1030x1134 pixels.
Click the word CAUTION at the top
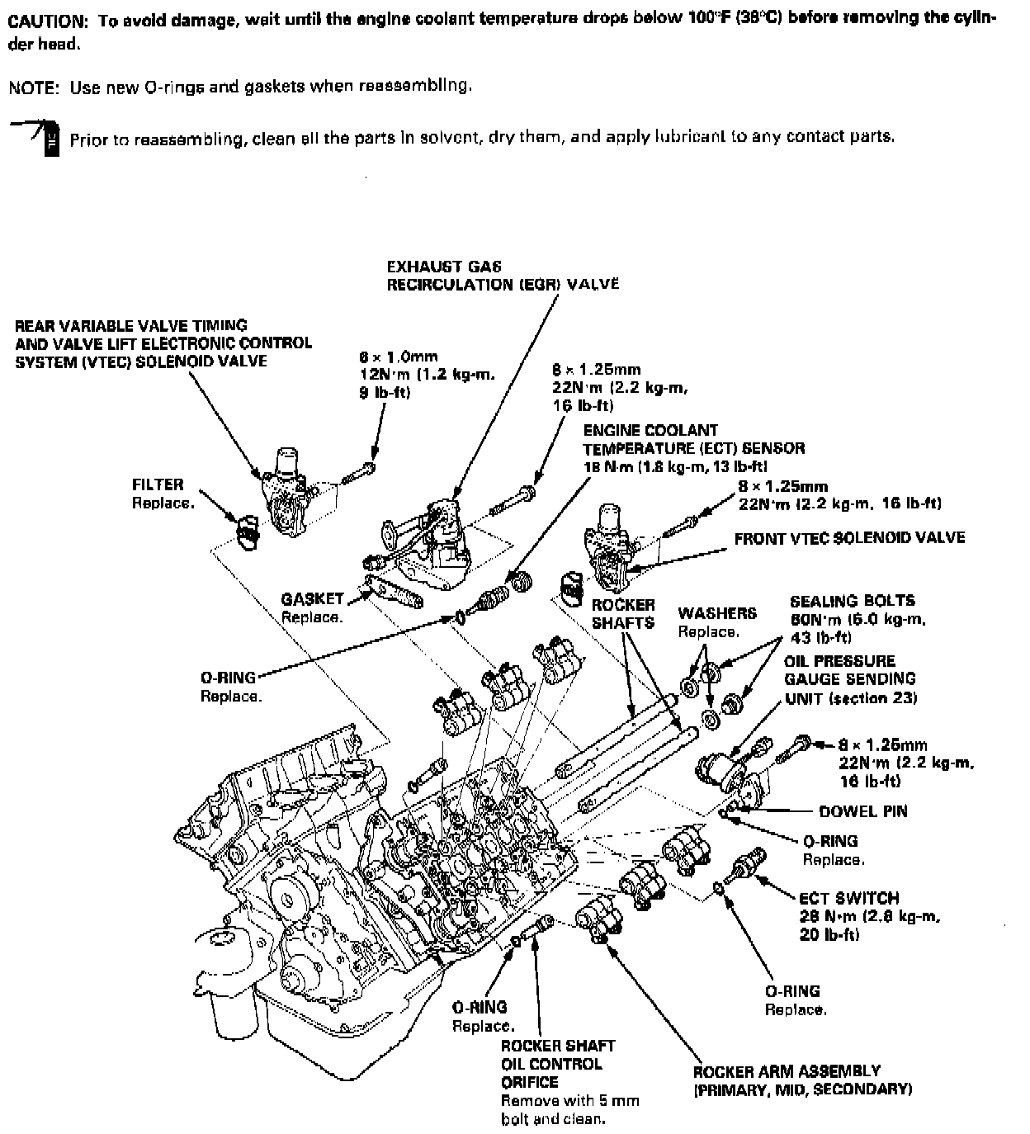(x=47, y=21)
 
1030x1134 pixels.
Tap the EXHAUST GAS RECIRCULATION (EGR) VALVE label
(x=503, y=276)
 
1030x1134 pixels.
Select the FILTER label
(x=158, y=484)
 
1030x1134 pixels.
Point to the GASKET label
(x=312, y=599)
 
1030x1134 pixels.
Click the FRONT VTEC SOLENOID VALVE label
(x=849, y=538)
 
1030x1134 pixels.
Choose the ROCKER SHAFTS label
(x=623, y=614)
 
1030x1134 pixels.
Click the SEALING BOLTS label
(x=852, y=601)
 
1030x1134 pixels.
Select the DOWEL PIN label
(x=862, y=811)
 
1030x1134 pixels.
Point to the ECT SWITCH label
(x=849, y=898)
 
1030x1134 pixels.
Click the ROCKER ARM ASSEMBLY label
(x=787, y=1071)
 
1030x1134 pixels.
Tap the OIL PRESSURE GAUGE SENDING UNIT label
(x=849, y=679)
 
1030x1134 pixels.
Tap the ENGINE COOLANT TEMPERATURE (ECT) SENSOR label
(x=693, y=439)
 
